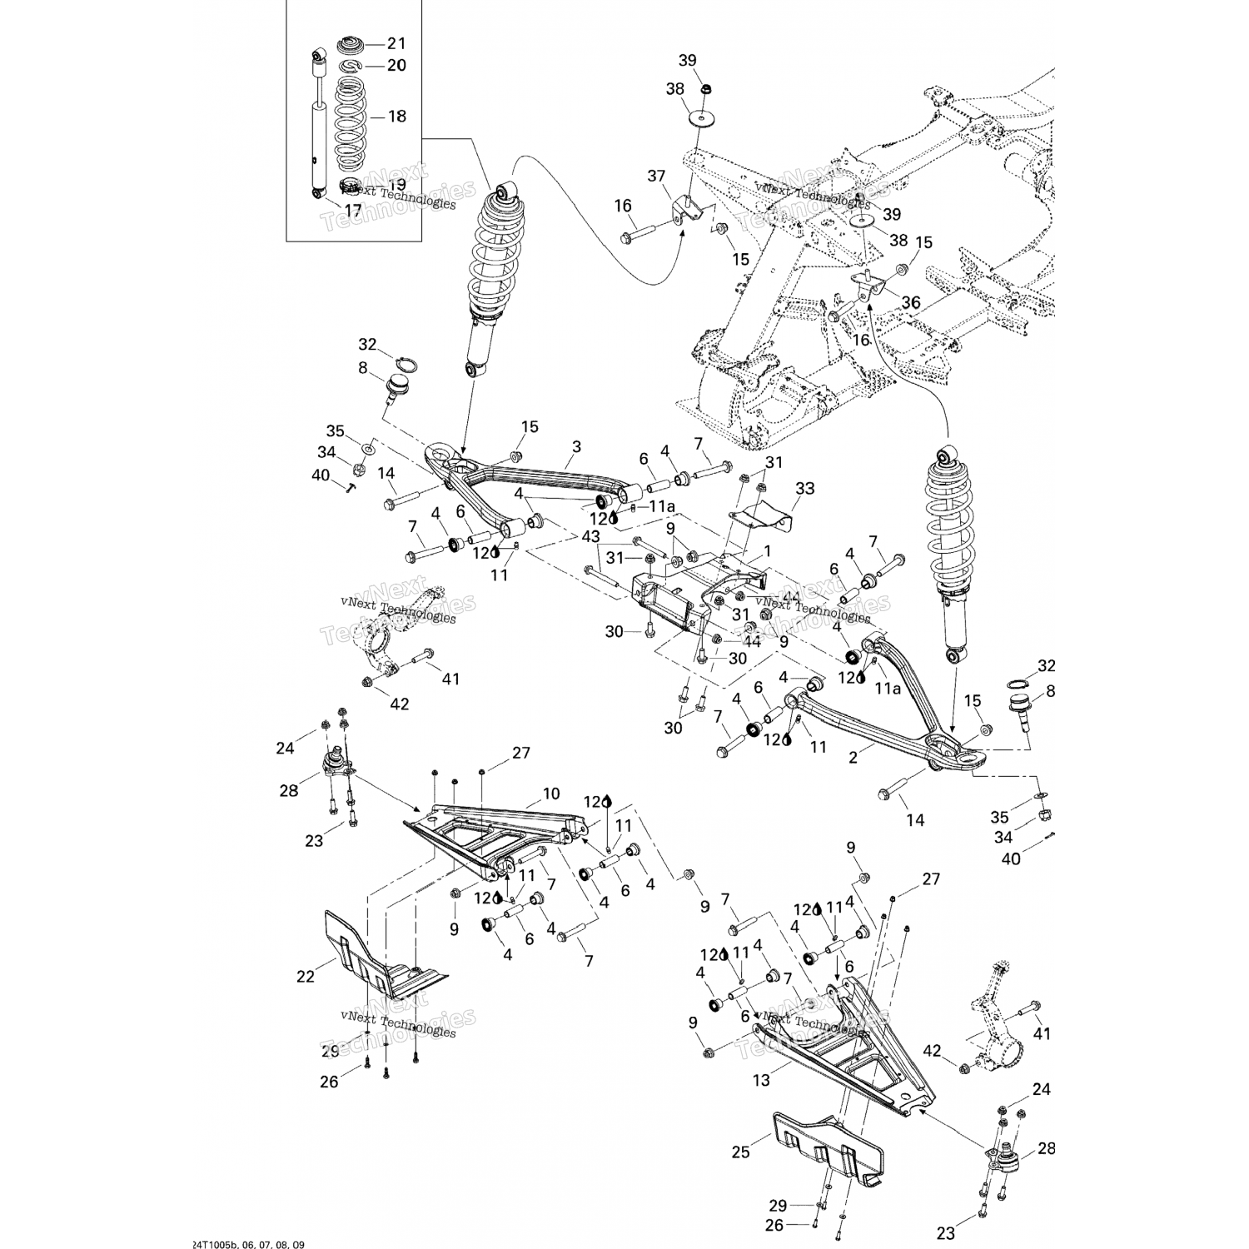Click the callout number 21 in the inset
click(396, 43)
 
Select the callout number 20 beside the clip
click(396, 65)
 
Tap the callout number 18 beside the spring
click(396, 116)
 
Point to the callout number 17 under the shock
click(353, 211)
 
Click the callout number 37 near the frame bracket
click(657, 176)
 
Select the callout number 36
click(912, 304)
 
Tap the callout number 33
click(804, 488)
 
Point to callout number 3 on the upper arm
click(575, 447)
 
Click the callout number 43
click(590, 538)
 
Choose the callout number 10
click(551, 794)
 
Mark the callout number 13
click(761, 1080)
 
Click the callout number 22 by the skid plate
click(306, 976)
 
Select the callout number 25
click(740, 1152)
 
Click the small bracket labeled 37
click(684, 209)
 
